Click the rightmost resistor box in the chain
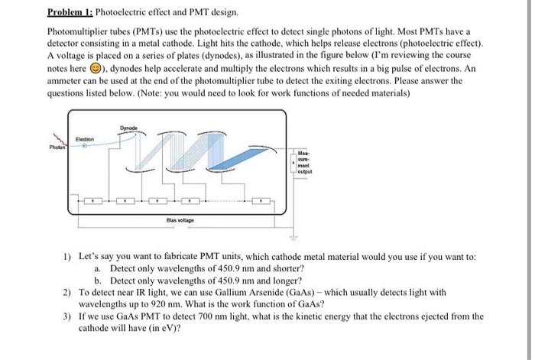pos(262,203)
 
